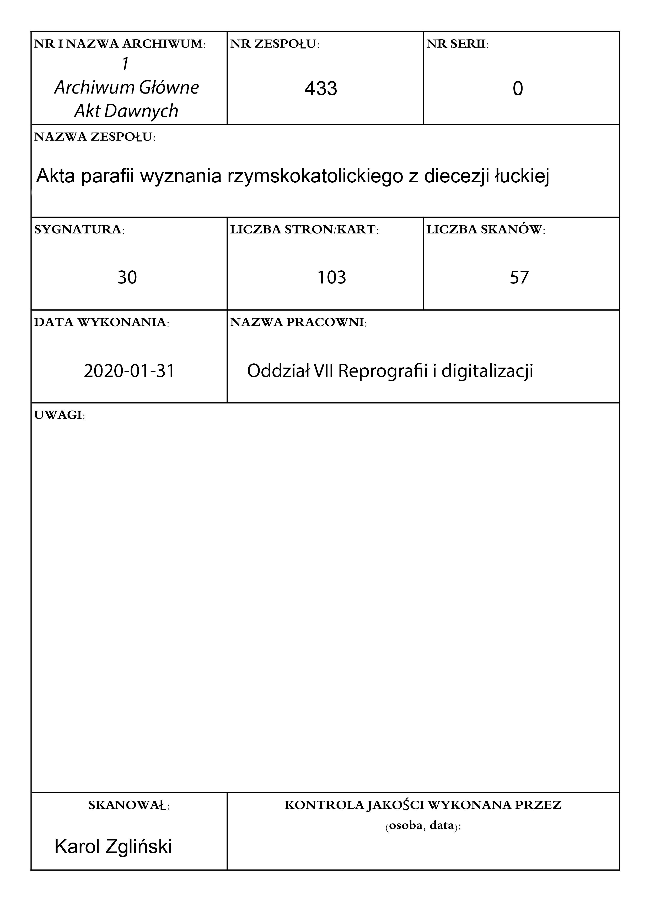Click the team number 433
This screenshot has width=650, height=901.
pyautogui.click(x=321, y=88)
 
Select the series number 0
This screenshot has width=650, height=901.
pyautogui.click(x=518, y=88)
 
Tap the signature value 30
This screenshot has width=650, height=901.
pyautogui.click(x=127, y=277)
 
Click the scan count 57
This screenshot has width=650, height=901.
pyautogui.click(x=519, y=277)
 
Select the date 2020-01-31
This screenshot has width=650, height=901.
pyautogui.click(x=129, y=371)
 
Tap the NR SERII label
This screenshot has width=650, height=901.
pyautogui.click(x=458, y=44)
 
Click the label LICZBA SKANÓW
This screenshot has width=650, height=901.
pyautogui.click(x=485, y=230)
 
